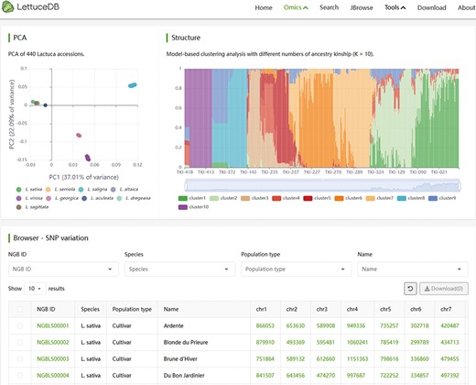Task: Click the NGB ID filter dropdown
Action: [x=60, y=269]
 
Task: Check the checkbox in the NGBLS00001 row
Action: [x=19, y=324]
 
